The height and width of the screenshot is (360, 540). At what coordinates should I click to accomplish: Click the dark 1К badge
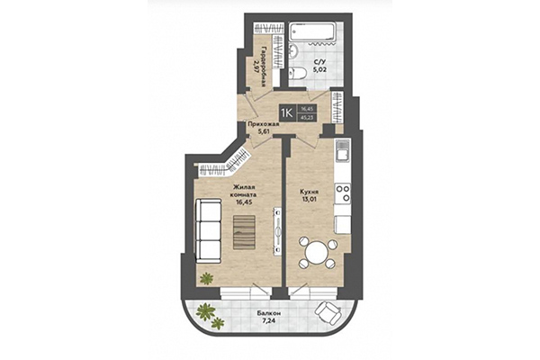tap(285, 112)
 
